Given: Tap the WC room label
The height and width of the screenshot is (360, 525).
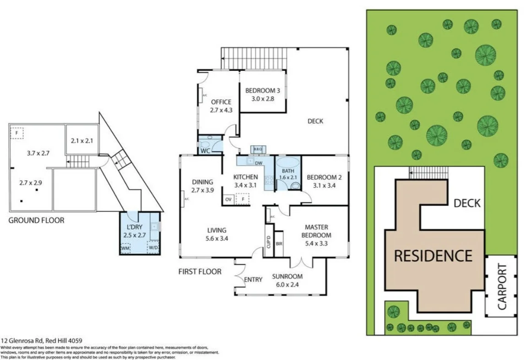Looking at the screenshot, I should pyautogui.click(x=205, y=150).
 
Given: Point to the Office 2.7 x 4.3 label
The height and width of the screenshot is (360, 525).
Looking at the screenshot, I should pyautogui.click(x=221, y=106).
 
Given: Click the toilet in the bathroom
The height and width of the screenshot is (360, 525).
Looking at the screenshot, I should pyautogui.click(x=295, y=186).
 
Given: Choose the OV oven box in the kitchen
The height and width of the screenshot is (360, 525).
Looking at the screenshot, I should pyautogui.click(x=228, y=199).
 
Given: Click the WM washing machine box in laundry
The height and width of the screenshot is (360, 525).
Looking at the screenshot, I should pyautogui.click(x=125, y=248).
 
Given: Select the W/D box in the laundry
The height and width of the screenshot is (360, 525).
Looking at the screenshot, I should pyautogui.click(x=153, y=248).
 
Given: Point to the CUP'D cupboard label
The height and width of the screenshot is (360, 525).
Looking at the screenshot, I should pyautogui.click(x=269, y=242).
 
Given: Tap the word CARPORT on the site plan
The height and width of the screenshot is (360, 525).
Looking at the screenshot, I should pyautogui.click(x=502, y=287).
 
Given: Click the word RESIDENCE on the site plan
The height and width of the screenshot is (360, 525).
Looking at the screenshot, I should pyautogui.click(x=433, y=255).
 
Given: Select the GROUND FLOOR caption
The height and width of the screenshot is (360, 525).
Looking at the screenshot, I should pyautogui.click(x=37, y=220).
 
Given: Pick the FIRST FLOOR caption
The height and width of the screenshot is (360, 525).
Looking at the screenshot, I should pyautogui.click(x=200, y=272).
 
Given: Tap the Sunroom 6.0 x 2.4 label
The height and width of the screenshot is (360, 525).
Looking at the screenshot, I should pyautogui.click(x=287, y=280).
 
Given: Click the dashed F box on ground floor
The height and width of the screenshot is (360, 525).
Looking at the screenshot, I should pyautogui.click(x=17, y=133).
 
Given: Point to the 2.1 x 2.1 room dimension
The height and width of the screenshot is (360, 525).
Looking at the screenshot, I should pyautogui.click(x=82, y=141).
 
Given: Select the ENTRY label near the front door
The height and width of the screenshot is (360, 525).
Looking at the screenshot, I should pyautogui.click(x=253, y=279).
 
